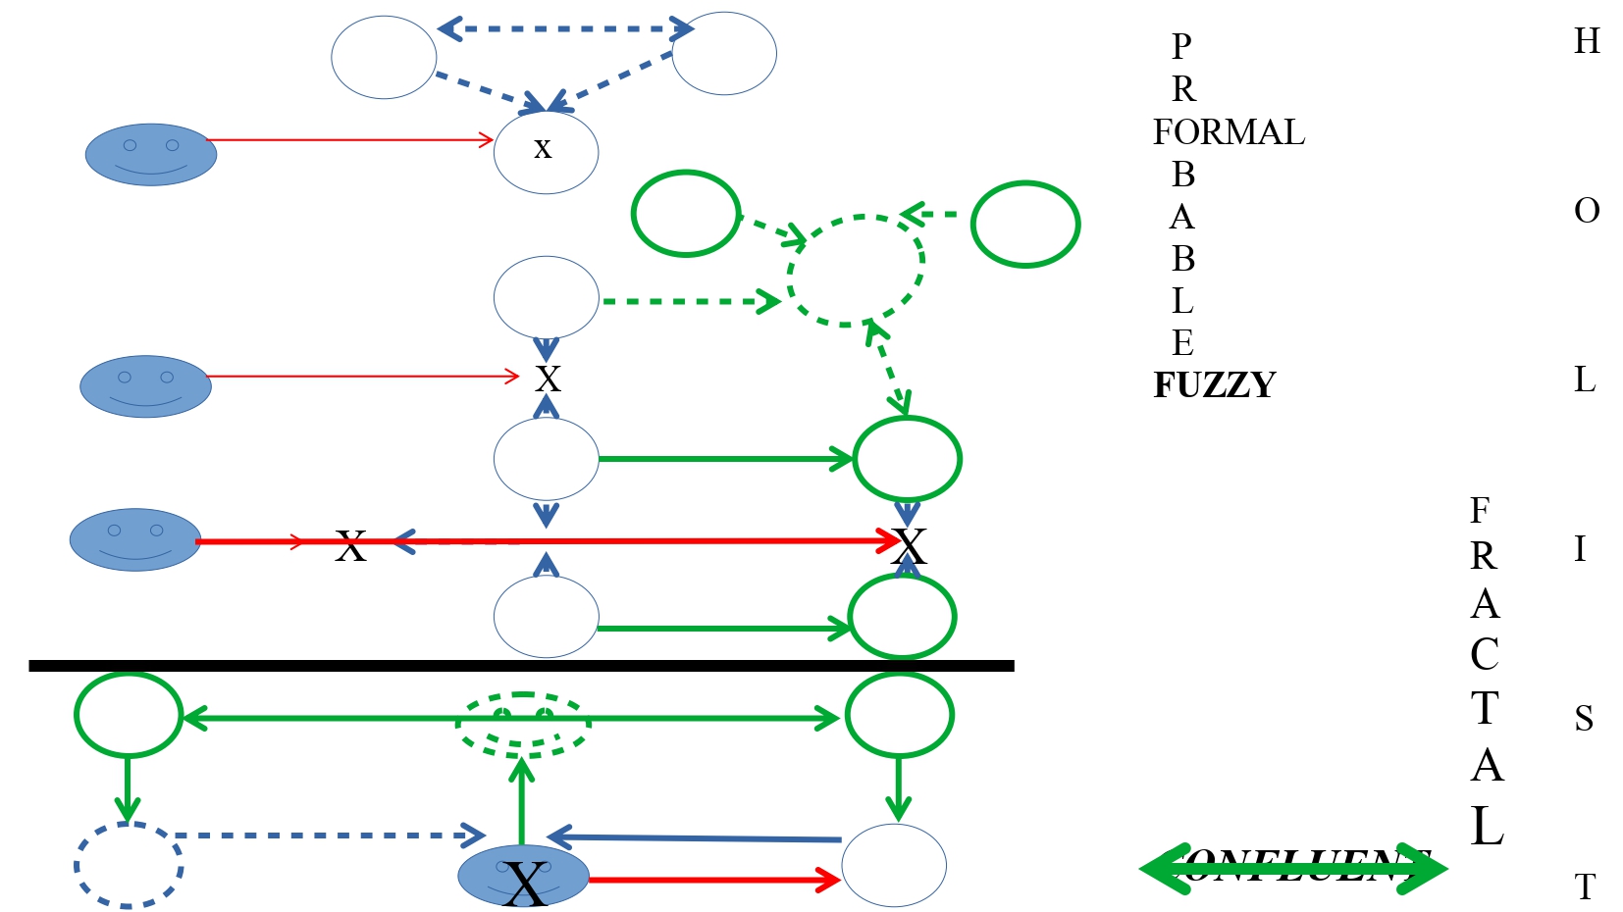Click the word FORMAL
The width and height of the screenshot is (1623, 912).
click(x=1228, y=132)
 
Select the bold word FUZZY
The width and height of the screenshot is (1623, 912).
click(x=1214, y=384)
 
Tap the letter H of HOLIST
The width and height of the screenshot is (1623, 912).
click(x=1586, y=41)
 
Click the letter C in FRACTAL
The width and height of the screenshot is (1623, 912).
click(x=1484, y=655)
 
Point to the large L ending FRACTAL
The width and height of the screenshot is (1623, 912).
click(x=1487, y=826)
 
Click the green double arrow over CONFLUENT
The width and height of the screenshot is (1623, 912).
click(x=1292, y=867)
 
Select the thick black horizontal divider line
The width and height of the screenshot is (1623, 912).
click(x=520, y=666)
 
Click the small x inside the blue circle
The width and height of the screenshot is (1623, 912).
click(x=543, y=149)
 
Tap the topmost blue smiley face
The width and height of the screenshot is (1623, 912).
click(x=150, y=154)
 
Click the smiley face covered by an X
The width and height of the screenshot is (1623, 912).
click(x=523, y=875)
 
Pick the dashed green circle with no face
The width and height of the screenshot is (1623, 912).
click(x=856, y=270)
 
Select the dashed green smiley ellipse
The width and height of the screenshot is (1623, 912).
click(x=523, y=724)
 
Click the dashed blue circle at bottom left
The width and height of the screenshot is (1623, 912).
click(x=128, y=865)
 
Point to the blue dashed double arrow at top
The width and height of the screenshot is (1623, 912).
click(x=564, y=28)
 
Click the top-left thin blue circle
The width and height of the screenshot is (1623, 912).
click(x=383, y=57)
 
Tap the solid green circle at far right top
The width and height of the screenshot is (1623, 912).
click(x=1025, y=224)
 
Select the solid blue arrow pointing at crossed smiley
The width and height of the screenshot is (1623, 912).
click(x=697, y=838)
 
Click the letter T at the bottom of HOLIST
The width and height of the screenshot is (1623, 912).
click(x=1585, y=887)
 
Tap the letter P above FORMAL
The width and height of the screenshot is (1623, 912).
click(x=1181, y=46)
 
